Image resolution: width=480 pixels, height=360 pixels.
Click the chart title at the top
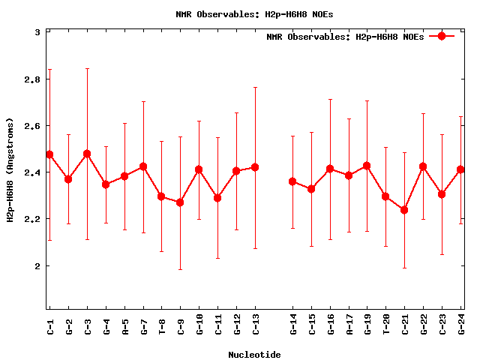tap(254, 13)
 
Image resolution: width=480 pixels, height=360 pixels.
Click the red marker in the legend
tap(442, 36)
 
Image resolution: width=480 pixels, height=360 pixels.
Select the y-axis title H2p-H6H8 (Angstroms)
tap(10, 170)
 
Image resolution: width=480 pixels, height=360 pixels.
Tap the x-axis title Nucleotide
tap(254, 354)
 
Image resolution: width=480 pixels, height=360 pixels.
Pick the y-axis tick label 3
tap(37, 32)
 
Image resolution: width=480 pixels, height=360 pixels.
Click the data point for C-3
tap(87, 154)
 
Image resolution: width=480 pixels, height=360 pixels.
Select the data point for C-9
tap(180, 202)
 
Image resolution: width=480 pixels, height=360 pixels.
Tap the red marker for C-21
tap(404, 210)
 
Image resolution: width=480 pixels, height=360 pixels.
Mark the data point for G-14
tap(292, 181)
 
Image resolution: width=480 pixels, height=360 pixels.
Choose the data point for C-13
tap(255, 166)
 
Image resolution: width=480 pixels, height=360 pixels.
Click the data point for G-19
tap(367, 166)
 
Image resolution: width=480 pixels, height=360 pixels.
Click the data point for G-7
tap(143, 166)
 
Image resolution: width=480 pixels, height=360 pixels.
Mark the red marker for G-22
tap(423, 166)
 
